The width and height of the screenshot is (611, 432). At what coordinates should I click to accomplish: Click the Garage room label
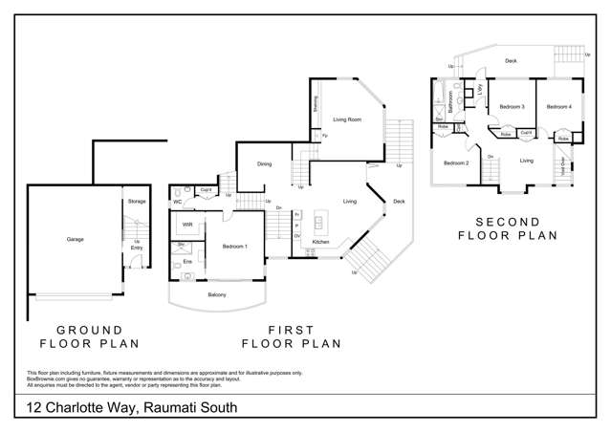coord(75,239)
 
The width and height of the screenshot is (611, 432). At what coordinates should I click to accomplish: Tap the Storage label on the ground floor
coord(137,202)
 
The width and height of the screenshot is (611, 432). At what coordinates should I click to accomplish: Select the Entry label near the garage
coord(137,248)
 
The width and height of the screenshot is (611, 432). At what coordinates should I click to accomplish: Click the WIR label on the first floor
coord(187,225)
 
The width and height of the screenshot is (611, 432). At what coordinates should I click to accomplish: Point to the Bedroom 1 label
coord(235,247)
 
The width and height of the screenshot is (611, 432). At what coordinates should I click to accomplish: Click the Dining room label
coord(264,164)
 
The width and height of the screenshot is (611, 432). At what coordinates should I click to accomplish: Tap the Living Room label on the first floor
coord(346,119)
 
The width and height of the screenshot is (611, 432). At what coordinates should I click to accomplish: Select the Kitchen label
coord(321,242)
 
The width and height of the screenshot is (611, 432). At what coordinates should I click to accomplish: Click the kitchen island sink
coord(318,223)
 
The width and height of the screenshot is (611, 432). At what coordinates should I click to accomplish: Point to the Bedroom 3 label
coord(512,107)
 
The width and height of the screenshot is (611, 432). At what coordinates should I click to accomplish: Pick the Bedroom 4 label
coord(558,107)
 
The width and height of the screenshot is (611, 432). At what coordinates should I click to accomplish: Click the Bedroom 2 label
coord(455,162)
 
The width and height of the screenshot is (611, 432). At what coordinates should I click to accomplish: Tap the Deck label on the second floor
coord(511,61)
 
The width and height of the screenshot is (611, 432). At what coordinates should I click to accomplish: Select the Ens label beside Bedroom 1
coord(187,261)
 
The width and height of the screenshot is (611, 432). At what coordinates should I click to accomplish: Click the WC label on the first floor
coord(178,203)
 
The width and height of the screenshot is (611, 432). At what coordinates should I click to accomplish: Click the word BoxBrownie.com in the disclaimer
coord(46,379)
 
